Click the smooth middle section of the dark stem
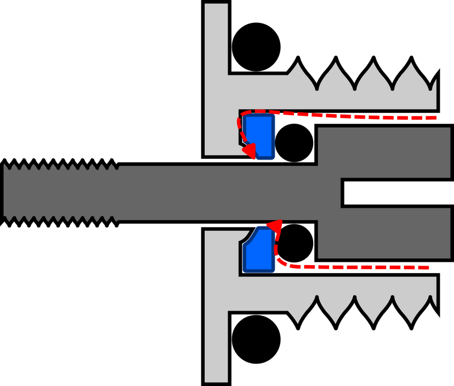pyautogui.click(x=227, y=193)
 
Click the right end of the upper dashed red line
pyautogui.click(x=434, y=118)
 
